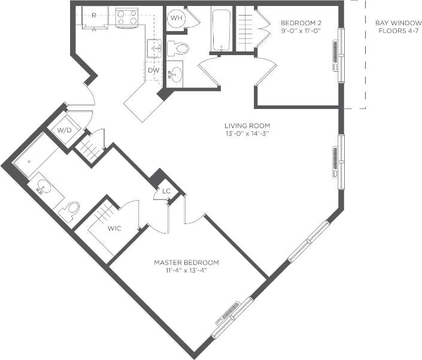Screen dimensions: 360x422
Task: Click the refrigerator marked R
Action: coord(95,17)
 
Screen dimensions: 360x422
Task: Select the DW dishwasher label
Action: coord(154,71)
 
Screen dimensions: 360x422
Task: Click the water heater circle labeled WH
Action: coord(177,18)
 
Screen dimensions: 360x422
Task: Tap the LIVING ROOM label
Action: coord(247,126)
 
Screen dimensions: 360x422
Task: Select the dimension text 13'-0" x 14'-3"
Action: coord(247,134)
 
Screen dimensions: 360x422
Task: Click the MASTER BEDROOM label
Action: coord(186,262)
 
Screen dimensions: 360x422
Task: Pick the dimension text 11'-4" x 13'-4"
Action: coord(186,271)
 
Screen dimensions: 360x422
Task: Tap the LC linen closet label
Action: coord(166,192)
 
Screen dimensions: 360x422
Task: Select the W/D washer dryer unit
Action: coord(64,130)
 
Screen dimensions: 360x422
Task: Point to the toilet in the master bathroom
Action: coord(69,210)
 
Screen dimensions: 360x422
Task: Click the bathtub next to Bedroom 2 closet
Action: coord(221,30)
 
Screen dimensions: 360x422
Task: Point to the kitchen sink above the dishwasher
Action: coord(154,48)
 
